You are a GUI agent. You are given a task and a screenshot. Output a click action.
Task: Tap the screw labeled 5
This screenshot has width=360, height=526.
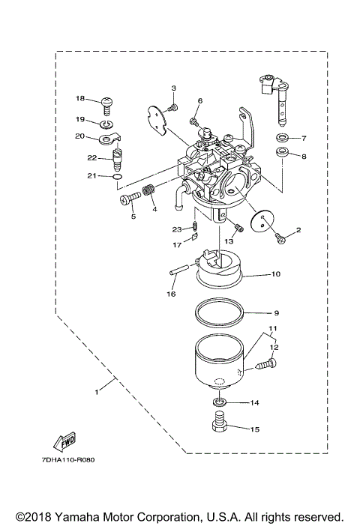[x=127, y=198]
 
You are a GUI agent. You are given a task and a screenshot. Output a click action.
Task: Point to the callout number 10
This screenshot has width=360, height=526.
[x=276, y=274]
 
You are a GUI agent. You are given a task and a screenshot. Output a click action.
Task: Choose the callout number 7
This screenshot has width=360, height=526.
[x=304, y=138]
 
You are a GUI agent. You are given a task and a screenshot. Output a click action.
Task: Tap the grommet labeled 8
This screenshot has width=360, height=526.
[x=283, y=155]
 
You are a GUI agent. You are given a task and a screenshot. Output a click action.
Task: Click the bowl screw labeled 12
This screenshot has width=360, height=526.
[x=263, y=367]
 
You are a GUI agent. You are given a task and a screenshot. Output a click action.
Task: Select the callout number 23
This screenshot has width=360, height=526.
[x=176, y=229]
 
